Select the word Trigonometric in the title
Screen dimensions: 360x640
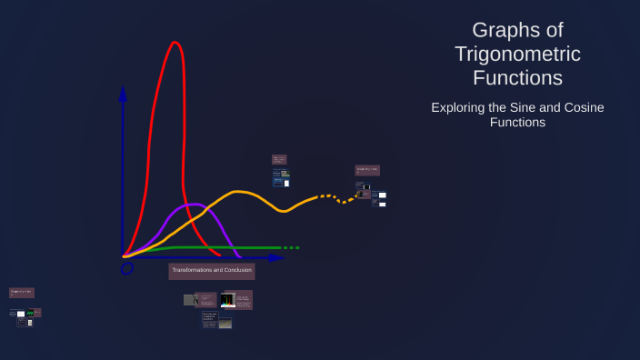[x=517, y=54]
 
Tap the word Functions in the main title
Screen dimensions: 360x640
[x=517, y=77]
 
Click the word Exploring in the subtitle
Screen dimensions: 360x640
[x=458, y=107]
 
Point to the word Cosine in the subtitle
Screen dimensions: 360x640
[x=583, y=107]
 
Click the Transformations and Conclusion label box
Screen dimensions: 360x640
[x=212, y=271]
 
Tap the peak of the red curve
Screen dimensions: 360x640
[x=175, y=43]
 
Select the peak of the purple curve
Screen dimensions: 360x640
[x=192, y=205]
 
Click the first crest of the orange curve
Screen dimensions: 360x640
[x=238, y=192]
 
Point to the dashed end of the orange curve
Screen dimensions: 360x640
[x=336, y=197]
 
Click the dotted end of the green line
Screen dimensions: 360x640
[x=290, y=247]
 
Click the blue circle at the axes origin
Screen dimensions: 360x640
[x=127, y=267]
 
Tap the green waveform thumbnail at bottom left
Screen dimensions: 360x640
[x=30, y=313]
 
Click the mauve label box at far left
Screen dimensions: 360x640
[x=22, y=293]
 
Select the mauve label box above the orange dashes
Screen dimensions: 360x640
[x=367, y=170]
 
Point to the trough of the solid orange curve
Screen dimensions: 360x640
[x=285, y=211]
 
